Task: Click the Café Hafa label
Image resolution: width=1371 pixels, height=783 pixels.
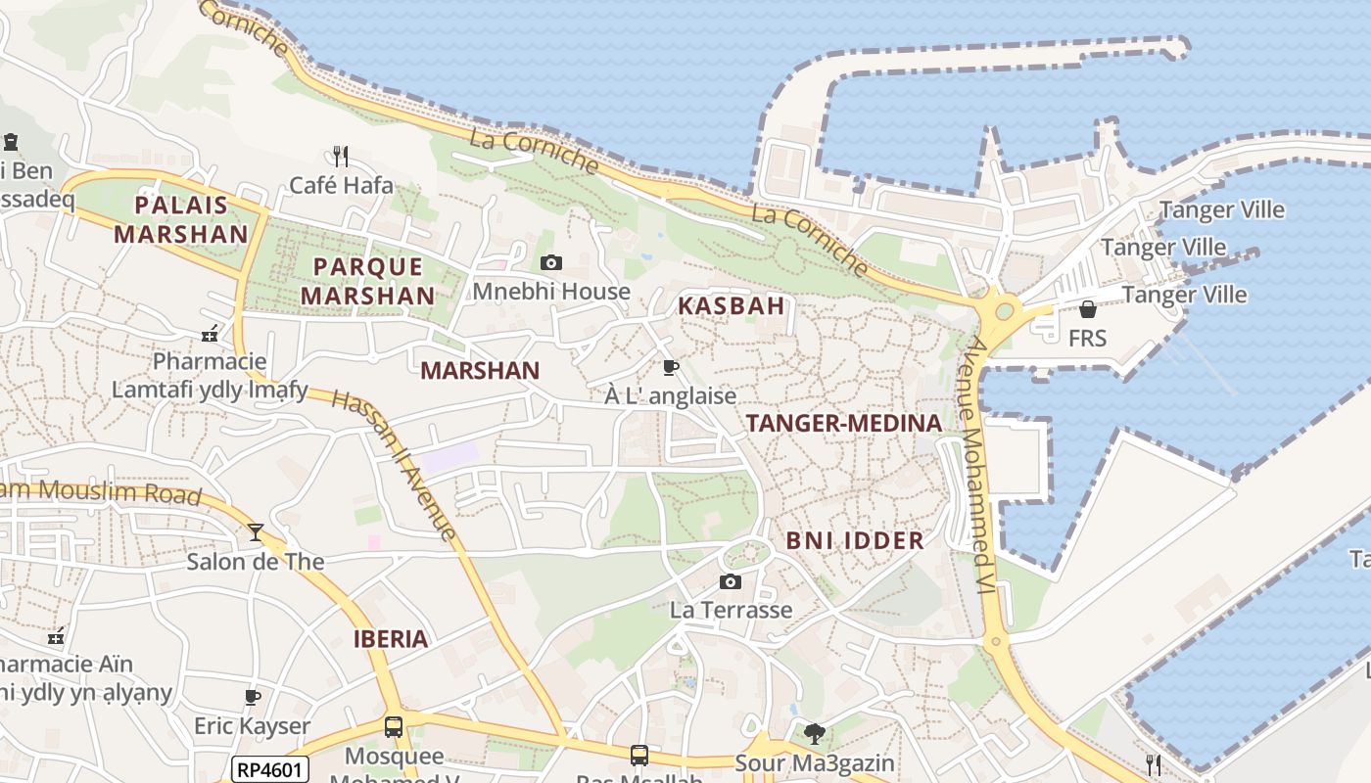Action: click(x=341, y=185)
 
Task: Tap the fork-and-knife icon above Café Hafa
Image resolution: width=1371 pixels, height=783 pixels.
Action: click(x=340, y=156)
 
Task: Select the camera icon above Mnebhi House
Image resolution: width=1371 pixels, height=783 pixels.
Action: click(x=551, y=262)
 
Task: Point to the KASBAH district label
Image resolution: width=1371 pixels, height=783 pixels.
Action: click(x=732, y=305)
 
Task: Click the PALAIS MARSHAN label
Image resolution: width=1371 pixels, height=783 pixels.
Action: click(x=181, y=219)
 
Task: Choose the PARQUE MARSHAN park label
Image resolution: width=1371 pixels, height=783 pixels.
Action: click(x=367, y=280)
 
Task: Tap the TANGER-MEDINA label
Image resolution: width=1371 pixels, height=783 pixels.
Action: click(x=844, y=423)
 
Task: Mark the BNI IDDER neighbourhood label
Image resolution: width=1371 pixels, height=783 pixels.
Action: click(x=855, y=540)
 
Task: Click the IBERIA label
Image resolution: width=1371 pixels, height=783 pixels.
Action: click(x=391, y=639)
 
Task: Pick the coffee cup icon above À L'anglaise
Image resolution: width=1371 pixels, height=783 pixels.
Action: click(x=670, y=368)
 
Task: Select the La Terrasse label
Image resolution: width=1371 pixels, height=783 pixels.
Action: click(x=731, y=610)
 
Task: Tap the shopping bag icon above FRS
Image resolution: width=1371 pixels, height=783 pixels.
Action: click(x=1087, y=310)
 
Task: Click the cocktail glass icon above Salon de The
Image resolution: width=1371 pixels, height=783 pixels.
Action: click(x=256, y=532)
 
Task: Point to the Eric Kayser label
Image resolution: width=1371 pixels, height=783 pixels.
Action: click(x=252, y=726)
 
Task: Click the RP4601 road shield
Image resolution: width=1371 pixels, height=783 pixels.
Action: click(x=271, y=769)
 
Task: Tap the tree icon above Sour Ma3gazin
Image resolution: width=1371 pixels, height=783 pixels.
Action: click(x=814, y=733)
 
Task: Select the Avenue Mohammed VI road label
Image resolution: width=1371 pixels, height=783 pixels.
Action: click(x=979, y=465)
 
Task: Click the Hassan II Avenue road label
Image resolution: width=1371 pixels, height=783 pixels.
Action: click(x=394, y=464)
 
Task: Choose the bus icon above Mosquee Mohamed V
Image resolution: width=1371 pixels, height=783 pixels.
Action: click(x=394, y=727)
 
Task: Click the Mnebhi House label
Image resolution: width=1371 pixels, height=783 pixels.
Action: click(x=551, y=291)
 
